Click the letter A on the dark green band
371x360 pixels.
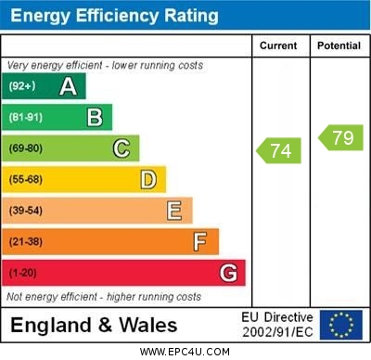coord(68,87)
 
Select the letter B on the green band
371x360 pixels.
coord(95,118)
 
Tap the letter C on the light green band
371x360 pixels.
coord(121,148)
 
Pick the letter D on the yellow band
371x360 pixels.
coord(147,179)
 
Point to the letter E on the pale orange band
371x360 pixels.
coord(174,211)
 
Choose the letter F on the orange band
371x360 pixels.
coord(200,242)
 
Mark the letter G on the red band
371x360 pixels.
coord(227,273)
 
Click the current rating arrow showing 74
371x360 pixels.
coord(278,150)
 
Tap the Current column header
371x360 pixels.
coord(278,45)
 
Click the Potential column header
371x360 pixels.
coord(339,45)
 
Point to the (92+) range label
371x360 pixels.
coord(22,87)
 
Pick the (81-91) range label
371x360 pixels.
coord(26,118)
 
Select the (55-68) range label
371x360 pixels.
coord(26,179)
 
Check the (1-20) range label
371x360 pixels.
coord(23,273)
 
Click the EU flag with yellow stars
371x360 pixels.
coord(340,325)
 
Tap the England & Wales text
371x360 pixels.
coord(94,325)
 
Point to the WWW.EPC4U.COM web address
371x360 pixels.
coord(185,352)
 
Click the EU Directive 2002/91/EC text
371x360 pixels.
coord(277,325)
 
